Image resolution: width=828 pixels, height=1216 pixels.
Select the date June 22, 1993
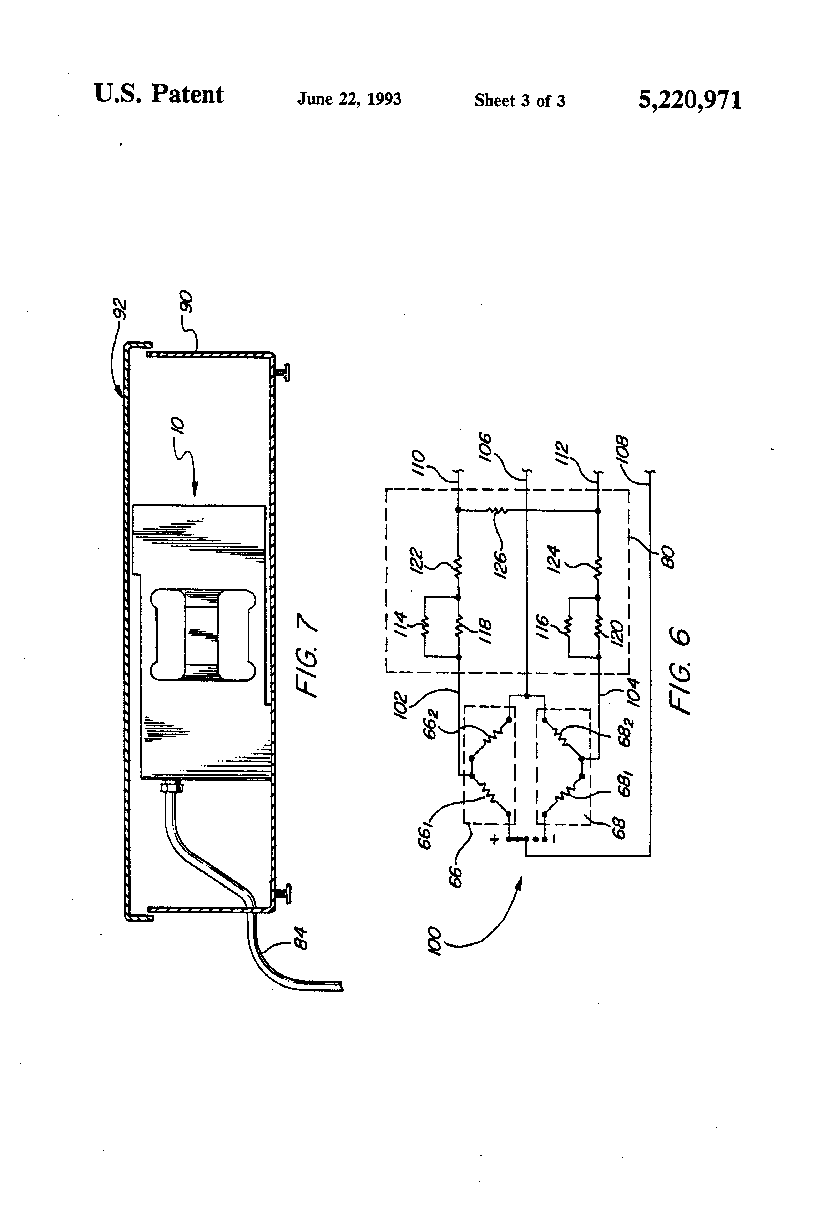[349, 99]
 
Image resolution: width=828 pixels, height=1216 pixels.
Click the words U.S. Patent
[158, 94]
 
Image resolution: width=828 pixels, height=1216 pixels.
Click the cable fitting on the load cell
[172, 786]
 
